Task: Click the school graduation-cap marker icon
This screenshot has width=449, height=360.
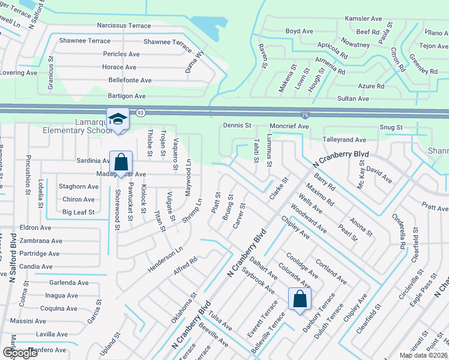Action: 118,118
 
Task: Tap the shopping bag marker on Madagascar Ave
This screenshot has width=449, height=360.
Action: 121,162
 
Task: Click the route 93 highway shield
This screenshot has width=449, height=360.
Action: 139,112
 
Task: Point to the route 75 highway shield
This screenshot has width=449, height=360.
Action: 305,113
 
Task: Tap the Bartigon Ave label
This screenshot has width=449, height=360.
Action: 127,96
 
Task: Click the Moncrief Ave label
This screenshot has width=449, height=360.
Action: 289,127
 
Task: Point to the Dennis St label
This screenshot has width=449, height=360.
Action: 237,125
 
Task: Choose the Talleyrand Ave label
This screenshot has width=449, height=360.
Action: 345,139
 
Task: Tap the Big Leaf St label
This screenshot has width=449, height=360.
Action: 79,212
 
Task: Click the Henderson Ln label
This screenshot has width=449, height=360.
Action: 170,258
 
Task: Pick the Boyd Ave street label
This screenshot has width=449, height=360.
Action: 299,31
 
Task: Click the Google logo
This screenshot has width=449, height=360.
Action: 20,353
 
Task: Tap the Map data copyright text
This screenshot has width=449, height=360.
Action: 423,355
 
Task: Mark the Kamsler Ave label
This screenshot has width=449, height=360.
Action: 364,19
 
